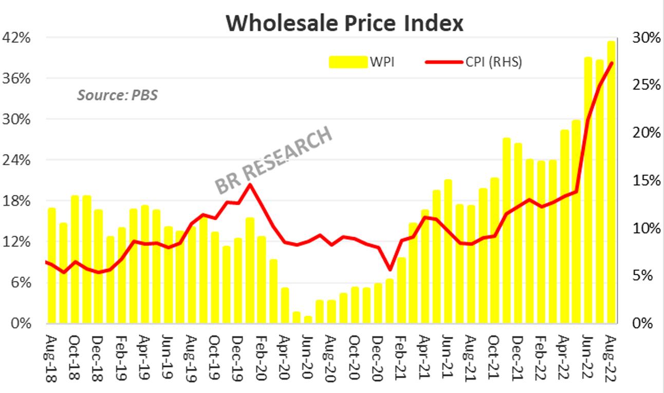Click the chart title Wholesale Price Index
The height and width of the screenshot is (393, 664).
(344, 23)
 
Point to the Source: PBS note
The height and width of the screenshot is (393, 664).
(117, 95)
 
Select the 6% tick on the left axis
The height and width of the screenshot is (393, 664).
(21, 282)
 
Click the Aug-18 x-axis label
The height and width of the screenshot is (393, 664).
(51, 359)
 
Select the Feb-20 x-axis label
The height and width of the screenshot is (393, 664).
(261, 359)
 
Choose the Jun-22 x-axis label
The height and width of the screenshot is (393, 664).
(588, 359)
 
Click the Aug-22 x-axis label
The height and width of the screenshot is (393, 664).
(611, 359)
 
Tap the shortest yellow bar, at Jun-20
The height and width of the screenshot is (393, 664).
(308, 320)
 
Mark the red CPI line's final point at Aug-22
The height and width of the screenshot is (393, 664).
(611, 63)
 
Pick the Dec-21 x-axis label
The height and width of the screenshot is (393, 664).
(518, 359)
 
